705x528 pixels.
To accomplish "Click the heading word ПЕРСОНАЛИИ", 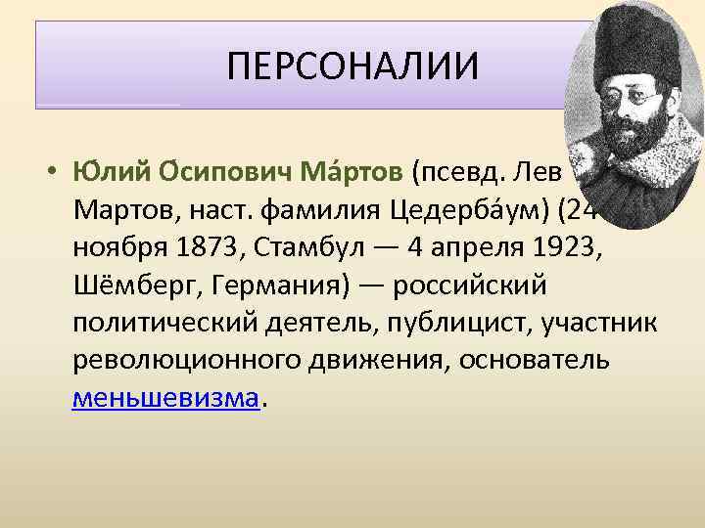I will [x=352, y=67].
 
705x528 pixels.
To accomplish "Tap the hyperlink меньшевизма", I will [x=166, y=399].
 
